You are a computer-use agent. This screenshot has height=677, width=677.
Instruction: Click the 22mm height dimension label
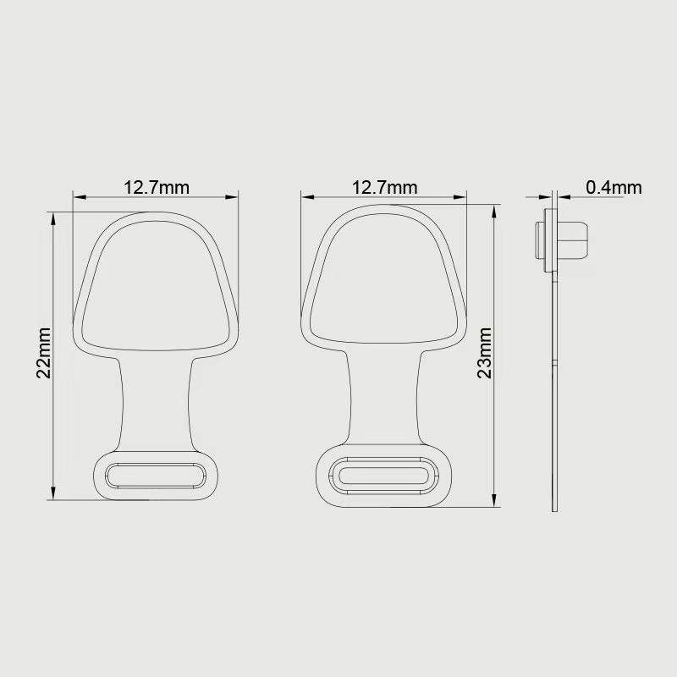44,353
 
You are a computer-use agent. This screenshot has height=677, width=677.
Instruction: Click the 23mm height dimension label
484,353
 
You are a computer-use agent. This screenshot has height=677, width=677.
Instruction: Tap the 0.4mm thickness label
614,187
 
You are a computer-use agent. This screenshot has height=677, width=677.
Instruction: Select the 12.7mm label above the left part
157,187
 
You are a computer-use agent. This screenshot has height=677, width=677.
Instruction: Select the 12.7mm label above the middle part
384,187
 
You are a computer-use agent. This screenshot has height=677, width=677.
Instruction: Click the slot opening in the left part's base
156,476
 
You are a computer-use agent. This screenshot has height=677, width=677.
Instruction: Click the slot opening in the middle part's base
384,476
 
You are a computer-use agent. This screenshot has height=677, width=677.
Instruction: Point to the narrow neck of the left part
156,404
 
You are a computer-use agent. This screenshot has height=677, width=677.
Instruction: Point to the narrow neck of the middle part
384,397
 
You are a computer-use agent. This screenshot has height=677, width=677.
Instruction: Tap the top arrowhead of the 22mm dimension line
53,218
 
